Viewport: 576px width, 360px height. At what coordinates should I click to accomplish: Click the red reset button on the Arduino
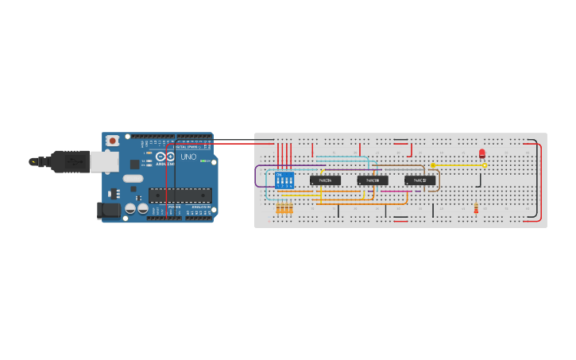click(113, 141)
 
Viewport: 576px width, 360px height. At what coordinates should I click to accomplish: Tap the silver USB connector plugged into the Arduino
click(104, 162)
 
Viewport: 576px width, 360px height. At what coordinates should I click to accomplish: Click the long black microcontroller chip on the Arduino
click(180, 195)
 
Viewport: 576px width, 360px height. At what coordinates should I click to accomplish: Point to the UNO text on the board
click(188, 157)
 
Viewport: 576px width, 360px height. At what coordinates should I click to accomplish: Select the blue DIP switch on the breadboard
click(284, 180)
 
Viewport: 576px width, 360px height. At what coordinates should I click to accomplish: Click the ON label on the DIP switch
click(278, 173)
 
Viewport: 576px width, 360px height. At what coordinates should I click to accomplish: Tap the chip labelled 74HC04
click(325, 180)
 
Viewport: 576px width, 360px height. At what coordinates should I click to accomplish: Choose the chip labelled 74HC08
click(372, 180)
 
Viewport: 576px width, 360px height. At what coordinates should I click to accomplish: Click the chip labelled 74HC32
click(420, 180)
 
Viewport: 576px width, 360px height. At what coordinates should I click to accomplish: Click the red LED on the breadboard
click(482, 153)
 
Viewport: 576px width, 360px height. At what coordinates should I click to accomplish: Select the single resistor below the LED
click(476, 209)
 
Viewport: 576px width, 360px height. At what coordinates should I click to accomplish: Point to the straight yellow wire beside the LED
click(458, 165)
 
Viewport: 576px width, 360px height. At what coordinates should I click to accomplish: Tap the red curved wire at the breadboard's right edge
click(541, 181)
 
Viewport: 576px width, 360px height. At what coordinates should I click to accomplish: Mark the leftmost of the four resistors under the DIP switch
click(278, 208)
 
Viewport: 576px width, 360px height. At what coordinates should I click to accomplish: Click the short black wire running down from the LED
click(480, 180)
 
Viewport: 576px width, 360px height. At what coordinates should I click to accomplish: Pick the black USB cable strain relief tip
click(34, 161)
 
